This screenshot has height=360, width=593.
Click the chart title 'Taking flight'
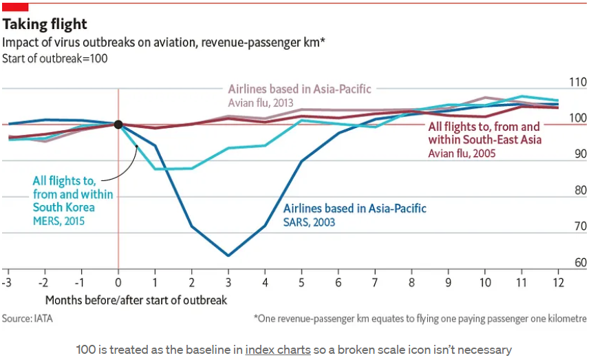tap(45, 24)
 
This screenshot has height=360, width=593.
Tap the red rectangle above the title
tap(14, 6)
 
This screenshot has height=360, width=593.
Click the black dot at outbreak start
tap(118, 125)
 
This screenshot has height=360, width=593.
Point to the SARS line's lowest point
tap(228, 256)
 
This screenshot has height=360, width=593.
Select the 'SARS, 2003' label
tap(310, 222)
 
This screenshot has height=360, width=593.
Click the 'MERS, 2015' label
tap(61, 221)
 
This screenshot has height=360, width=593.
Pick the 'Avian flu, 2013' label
tap(261, 103)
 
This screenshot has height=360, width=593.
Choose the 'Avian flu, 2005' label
tap(462, 153)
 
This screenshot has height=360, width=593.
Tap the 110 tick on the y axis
tap(577, 82)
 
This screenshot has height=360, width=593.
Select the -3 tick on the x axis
tap(7, 282)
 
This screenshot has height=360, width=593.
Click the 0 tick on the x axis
tap(118, 282)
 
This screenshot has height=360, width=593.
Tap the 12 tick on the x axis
tap(558, 282)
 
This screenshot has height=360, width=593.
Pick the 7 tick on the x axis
tap(374, 282)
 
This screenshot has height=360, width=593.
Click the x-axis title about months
tap(136, 300)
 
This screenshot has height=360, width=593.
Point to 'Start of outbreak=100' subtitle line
tap(55, 58)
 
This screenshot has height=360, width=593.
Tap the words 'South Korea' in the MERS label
tap(63, 207)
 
